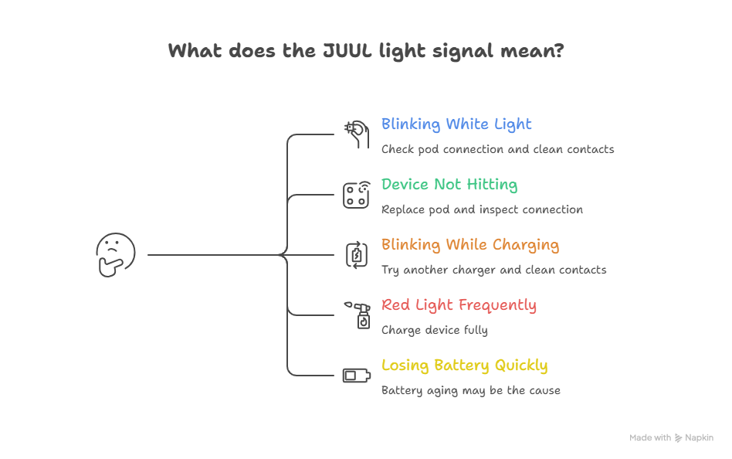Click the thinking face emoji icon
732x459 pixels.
click(x=116, y=255)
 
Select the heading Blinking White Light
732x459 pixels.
click(x=456, y=124)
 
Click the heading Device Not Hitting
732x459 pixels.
click(x=449, y=185)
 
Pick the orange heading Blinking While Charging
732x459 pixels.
click(x=470, y=245)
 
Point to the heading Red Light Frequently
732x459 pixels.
click(x=459, y=305)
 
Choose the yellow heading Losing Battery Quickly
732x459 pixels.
click(x=465, y=365)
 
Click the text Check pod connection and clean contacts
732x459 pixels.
click(x=497, y=150)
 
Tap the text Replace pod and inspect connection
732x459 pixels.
click(x=482, y=210)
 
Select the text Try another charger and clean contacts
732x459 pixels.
click(x=494, y=270)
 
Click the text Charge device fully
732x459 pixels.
click(x=434, y=331)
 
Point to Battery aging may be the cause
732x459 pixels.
click(x=470, y=391)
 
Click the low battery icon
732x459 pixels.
click(x=357, y=376)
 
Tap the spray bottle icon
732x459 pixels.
click(x=358, y=315)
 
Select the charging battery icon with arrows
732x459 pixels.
click(x=357, y=255)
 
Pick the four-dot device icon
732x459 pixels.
click(x=356, y=195)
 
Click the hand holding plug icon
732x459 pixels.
click(x=358, y=134)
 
